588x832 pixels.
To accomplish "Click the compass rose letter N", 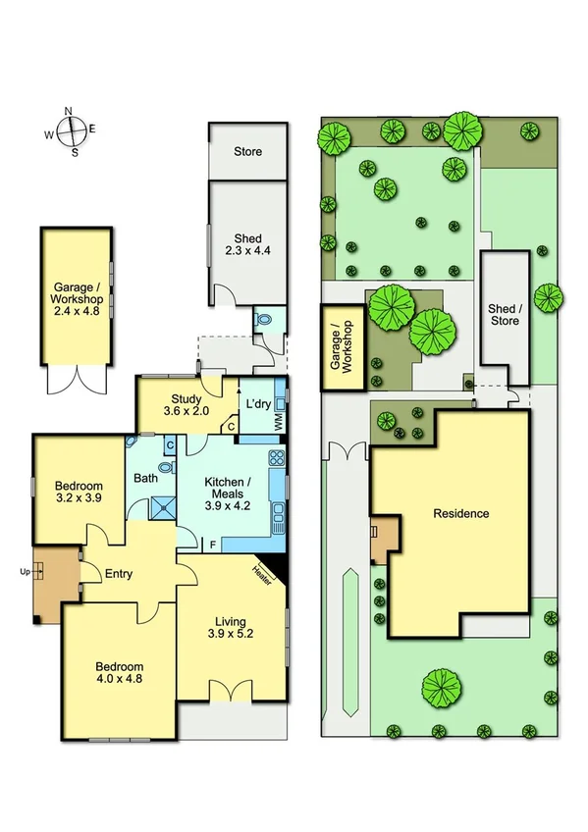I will coord(69,111).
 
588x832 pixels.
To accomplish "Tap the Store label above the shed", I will coord(247,152).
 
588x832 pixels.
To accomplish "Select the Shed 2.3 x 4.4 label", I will coord(247,244).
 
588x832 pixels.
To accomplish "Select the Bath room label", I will coord(145,479).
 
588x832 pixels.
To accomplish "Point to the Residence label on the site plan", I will coord(460,513).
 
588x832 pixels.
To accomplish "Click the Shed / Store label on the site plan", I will coord(504,314).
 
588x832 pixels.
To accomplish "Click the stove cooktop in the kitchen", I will coord(277,458).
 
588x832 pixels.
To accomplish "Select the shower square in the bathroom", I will coord(158,507).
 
